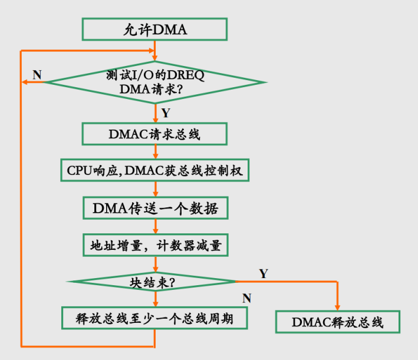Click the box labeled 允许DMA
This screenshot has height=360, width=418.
154,29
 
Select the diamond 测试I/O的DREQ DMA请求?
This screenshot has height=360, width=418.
154,82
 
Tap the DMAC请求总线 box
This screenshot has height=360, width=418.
154,134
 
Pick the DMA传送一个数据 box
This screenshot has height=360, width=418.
154,208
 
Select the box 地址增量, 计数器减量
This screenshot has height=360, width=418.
154,246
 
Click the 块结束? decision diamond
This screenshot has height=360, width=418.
154,282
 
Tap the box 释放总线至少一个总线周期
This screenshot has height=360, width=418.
154,318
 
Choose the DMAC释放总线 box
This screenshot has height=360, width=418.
338,322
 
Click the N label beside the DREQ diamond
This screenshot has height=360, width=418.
37,75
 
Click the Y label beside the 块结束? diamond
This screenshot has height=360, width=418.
264,273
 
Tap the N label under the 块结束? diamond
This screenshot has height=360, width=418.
246,298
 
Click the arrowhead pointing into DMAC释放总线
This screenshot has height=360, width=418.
338,307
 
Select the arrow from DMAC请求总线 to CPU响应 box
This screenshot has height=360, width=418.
154,151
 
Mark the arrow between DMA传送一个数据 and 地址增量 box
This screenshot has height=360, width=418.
154,227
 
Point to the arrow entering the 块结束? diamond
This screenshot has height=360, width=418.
154,263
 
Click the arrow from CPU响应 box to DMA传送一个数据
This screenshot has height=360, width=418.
154,189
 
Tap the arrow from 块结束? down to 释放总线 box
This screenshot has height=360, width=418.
154,299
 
